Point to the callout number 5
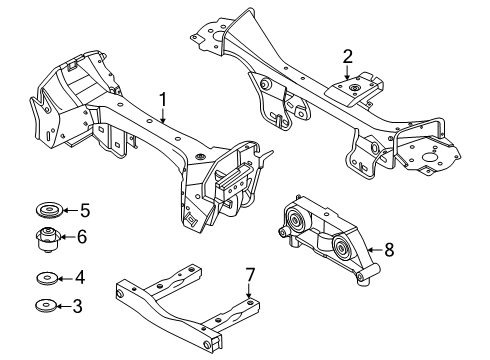coord(84,210)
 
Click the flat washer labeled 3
coord(44,306)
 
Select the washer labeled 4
coord(44,278)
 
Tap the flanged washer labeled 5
coord(45,211)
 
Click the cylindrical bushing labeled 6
coord(45,240)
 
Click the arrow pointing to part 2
coord(347,72)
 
